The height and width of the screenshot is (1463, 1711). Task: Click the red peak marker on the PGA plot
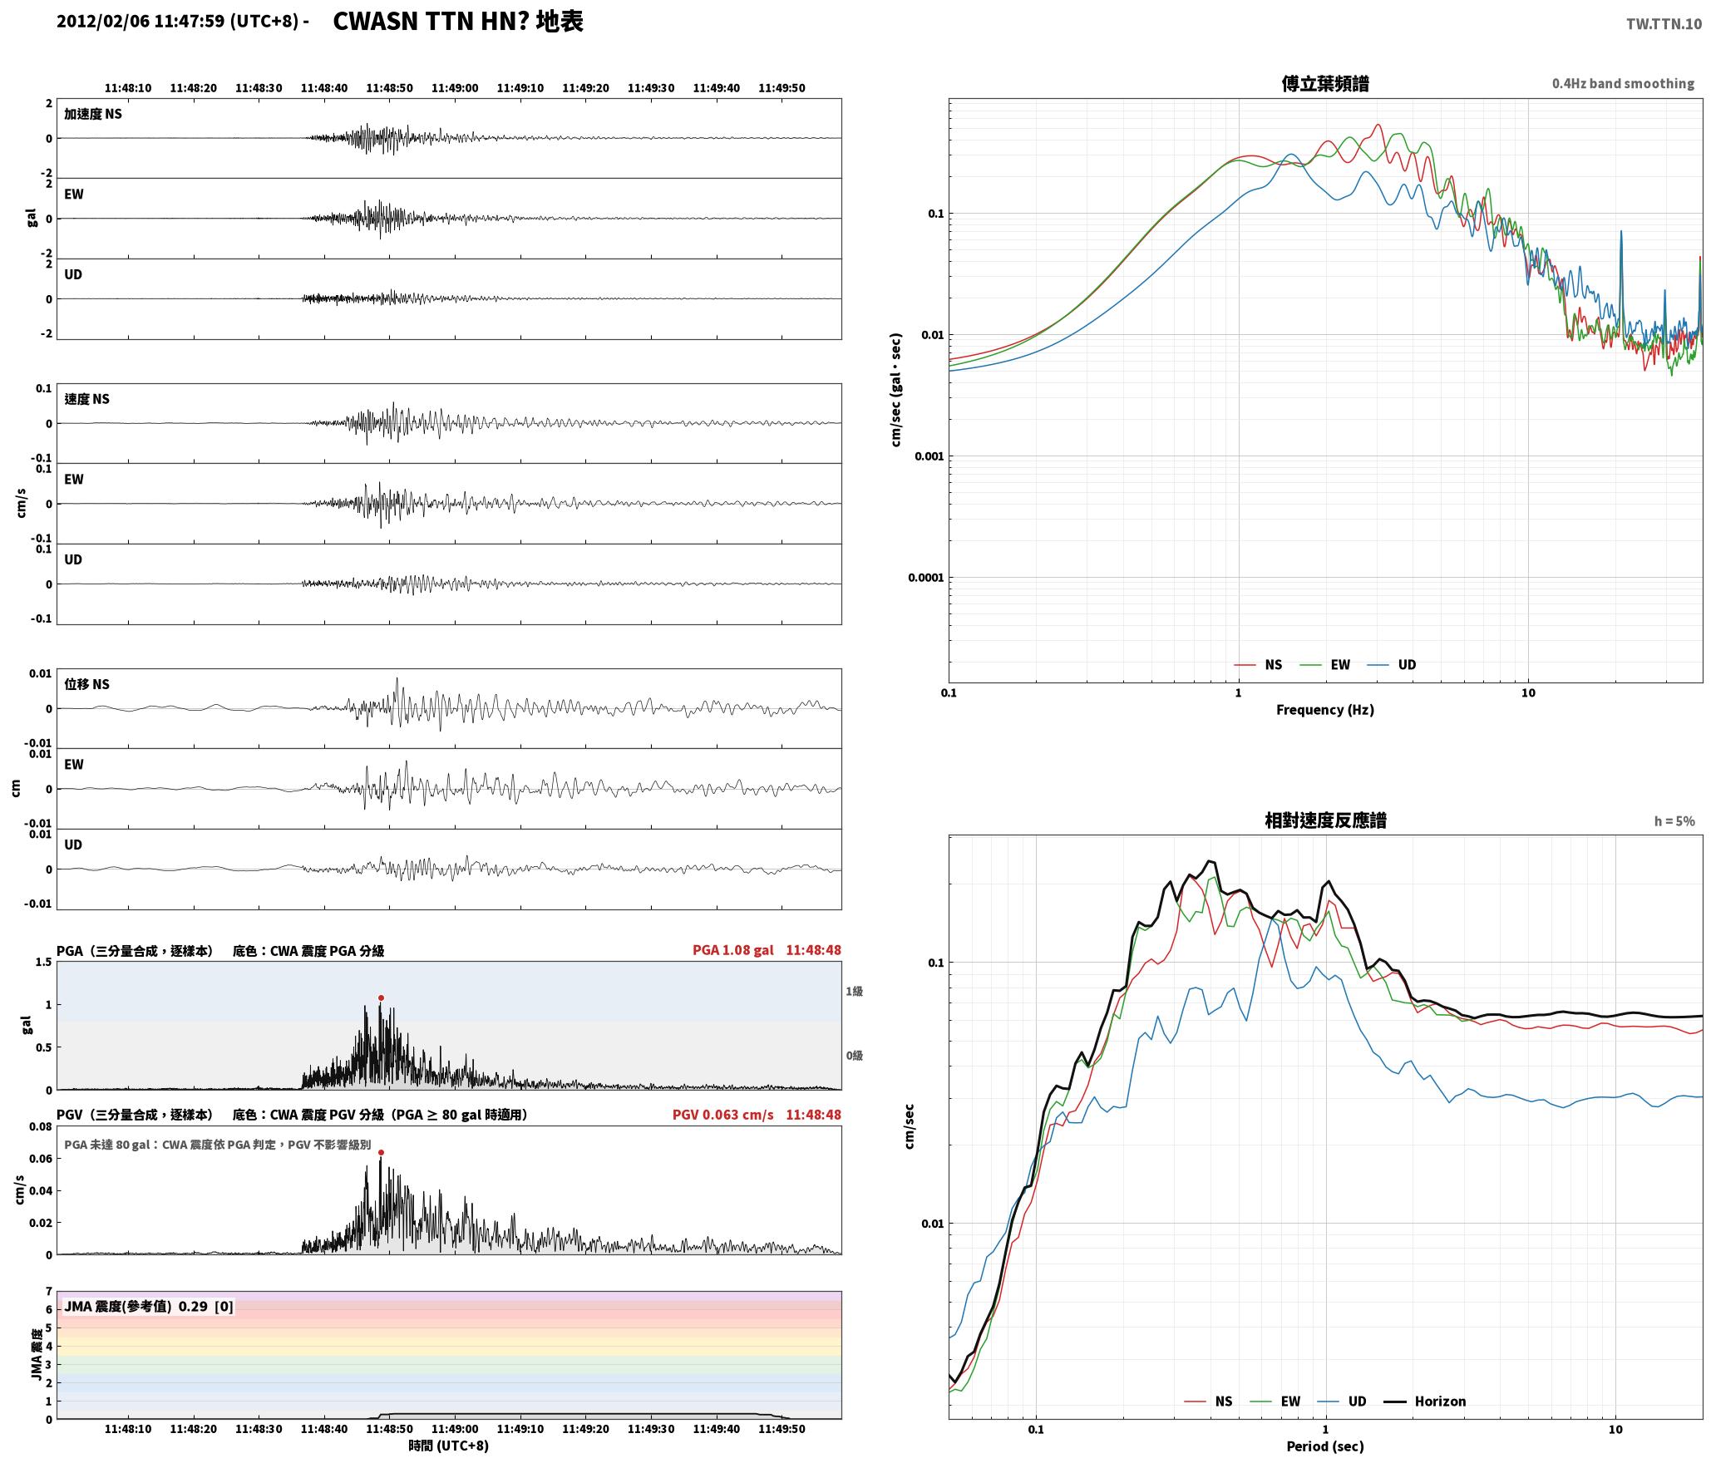381,997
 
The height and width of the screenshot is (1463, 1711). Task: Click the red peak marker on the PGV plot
381,1152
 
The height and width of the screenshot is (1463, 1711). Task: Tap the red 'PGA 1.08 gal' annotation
732,950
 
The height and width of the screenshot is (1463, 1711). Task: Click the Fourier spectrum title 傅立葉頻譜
1325,84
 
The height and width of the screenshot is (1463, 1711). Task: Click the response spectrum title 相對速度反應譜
1325,820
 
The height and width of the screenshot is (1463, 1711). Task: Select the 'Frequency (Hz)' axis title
1325,709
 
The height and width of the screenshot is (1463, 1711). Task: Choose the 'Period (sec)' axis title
1325,1446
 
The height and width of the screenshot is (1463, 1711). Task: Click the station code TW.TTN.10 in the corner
1664,24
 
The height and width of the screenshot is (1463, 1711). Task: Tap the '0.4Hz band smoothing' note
1623,84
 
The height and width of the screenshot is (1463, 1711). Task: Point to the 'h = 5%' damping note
1674,821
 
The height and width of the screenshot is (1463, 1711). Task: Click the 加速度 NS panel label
93,114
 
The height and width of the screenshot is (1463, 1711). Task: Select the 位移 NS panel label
87,684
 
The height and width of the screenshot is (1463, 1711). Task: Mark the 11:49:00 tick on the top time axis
455,88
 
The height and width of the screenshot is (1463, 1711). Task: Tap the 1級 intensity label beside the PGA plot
854,992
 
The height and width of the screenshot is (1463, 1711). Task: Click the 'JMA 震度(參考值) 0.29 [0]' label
149,1307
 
